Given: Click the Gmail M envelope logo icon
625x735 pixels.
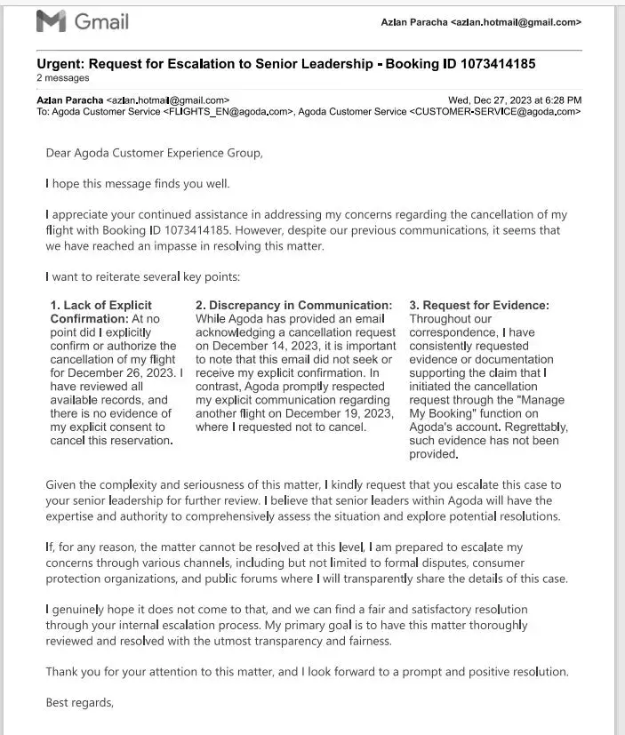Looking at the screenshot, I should click(x=51, y=21).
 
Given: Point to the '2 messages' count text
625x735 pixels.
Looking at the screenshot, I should click(x=63, y=78).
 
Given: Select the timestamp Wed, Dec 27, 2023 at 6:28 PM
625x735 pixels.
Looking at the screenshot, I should click(x=515, y=100).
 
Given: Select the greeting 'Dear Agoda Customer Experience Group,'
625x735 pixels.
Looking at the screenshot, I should click(x=154, y=153).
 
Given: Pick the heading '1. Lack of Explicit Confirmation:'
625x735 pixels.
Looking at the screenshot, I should click(x=100, y=312).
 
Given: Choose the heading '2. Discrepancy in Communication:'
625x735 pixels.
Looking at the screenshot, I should click(x=293, y=306).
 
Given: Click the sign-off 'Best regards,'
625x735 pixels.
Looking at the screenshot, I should click(x=80, y=703).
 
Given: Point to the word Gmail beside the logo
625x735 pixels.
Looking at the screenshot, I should click(x=101, y=21).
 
